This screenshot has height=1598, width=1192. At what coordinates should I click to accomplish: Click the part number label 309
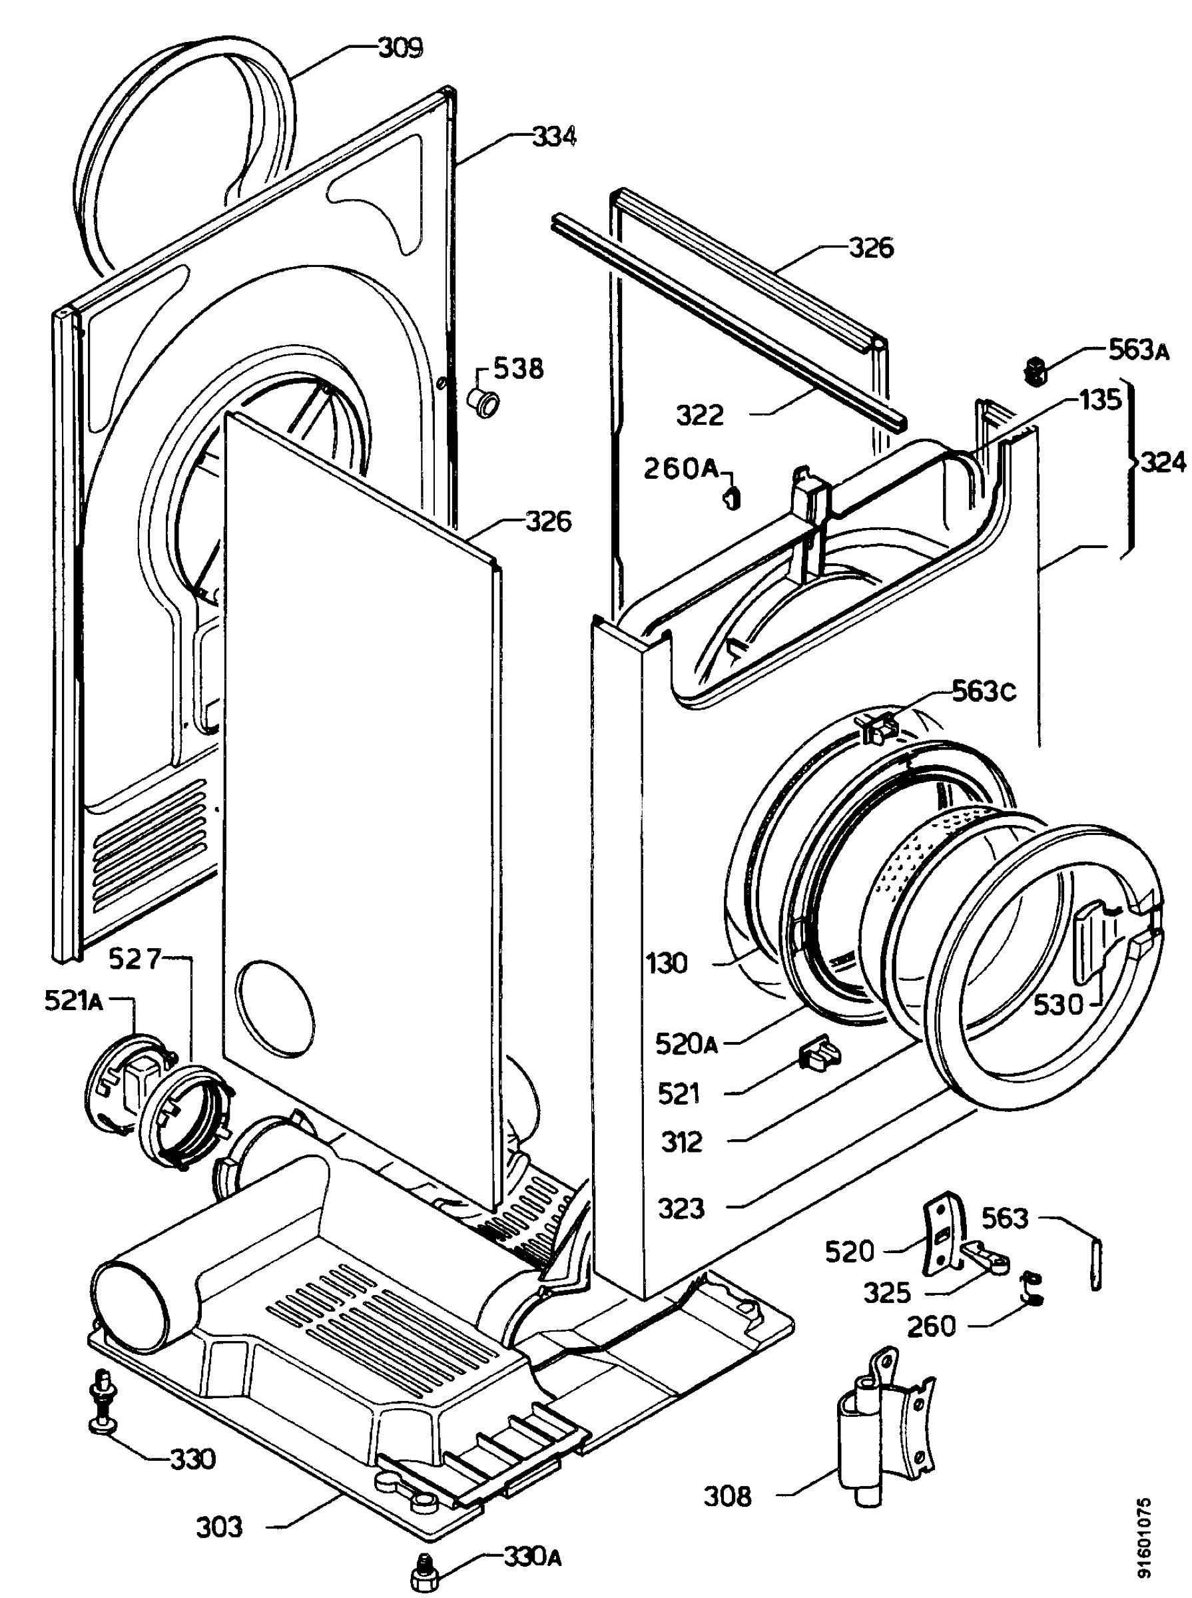pos(400,49)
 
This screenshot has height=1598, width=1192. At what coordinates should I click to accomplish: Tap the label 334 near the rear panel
pos(554,136)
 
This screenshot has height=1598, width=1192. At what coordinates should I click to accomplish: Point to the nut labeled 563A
pos(1036,372)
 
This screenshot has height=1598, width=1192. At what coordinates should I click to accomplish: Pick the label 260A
pos(681,469)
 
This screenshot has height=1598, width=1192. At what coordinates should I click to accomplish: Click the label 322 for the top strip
pos(699,415)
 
